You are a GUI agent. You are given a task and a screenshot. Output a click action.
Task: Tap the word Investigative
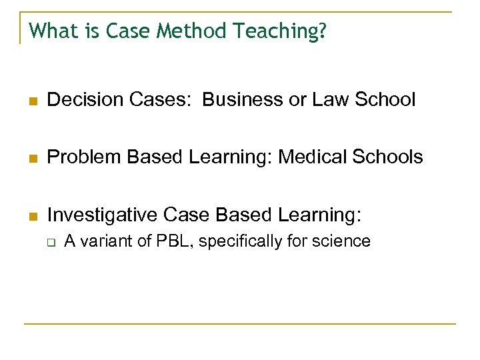point(103,215)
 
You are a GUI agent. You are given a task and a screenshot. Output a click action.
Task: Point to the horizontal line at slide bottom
point(240,324)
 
